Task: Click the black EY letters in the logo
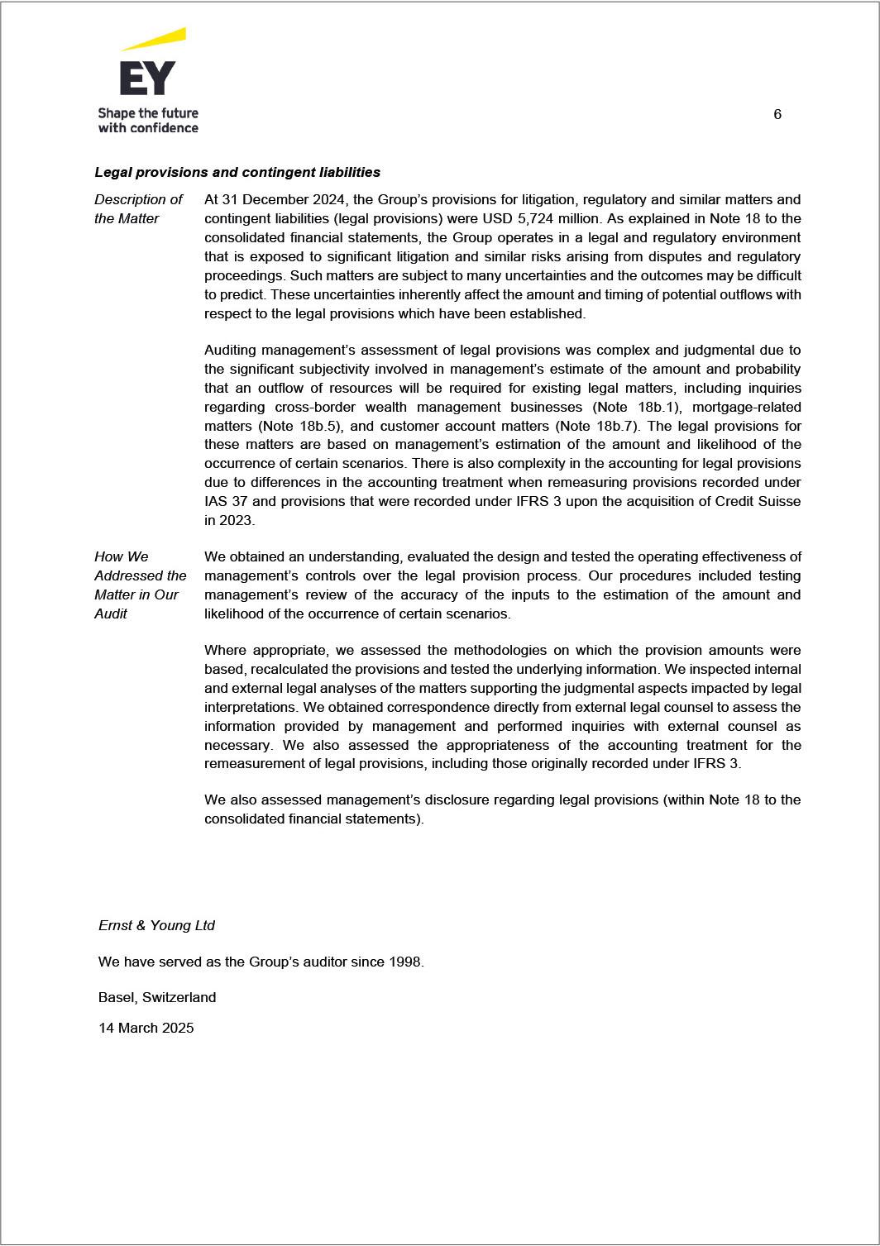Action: [147, 78]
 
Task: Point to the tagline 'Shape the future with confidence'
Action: [148, 120]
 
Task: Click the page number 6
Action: [777, 114]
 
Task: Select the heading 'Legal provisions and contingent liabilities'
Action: [237, 172]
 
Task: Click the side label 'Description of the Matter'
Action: [137, 208]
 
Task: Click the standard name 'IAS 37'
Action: [223, 501]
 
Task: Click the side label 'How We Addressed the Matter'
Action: [140, 585]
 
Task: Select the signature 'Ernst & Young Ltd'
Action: [156, 925]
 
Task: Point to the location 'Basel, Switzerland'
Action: [157, 997]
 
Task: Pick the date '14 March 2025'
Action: [146, 1028]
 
